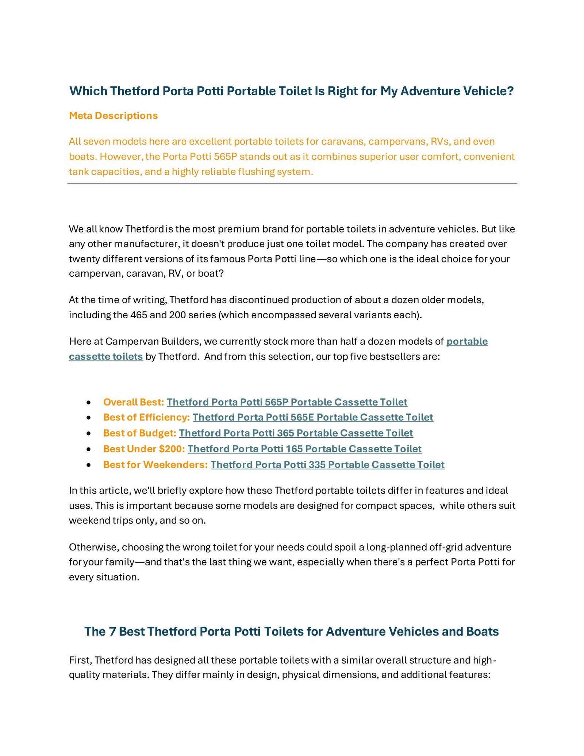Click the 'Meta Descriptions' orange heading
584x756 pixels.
[x=113, y=116]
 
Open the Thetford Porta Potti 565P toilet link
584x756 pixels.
[x=287, y=402]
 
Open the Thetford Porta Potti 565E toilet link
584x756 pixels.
[x=313, y=417]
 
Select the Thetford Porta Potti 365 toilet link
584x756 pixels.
[x=296, y=433]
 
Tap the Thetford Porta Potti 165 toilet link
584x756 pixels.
[x=304, y=449]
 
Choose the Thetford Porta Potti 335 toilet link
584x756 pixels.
[x=327, y=464]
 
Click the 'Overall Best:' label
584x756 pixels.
[x=134, y=402]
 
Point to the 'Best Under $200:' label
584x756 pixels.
[x=144, y=449]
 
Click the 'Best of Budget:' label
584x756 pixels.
[x=140, y=433]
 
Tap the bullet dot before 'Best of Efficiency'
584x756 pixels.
[x=89, y=418]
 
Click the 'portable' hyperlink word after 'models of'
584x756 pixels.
[x=467, y=341]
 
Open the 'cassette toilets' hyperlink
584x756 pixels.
[x=106, y=356]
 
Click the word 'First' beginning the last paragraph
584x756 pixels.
[x=80, y=660]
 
